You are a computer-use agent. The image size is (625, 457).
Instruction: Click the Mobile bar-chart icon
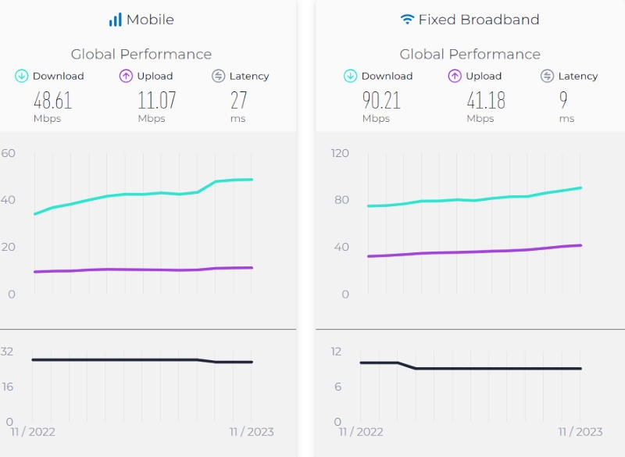115,20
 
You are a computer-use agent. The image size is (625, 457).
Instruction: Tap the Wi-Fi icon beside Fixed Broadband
407,20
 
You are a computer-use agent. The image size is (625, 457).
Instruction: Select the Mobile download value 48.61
52,100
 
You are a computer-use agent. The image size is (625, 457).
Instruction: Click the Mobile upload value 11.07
156,100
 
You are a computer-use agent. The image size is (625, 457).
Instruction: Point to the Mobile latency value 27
238,100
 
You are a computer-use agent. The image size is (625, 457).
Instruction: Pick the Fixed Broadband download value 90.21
380,100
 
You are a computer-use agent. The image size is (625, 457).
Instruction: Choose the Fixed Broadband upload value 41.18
485,100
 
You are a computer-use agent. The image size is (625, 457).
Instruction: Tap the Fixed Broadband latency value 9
563,100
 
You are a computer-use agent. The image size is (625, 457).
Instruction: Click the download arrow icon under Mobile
22,76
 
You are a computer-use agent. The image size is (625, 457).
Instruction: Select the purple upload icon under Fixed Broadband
455,76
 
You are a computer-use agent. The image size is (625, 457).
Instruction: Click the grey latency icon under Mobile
219,76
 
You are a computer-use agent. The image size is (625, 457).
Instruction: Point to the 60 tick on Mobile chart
9,153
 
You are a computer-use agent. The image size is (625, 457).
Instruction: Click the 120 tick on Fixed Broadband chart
340,153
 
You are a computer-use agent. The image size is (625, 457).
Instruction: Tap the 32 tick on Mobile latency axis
7,352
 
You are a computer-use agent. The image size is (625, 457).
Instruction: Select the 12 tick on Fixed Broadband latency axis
336,352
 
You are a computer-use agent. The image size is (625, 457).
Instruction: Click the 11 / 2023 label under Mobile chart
251,432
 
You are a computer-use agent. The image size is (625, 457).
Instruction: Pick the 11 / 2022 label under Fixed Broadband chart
360,432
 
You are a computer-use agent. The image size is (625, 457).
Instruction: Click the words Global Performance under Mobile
141,54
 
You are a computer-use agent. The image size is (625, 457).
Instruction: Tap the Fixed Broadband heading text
478,20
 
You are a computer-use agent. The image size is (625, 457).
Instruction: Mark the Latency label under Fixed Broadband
578,76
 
